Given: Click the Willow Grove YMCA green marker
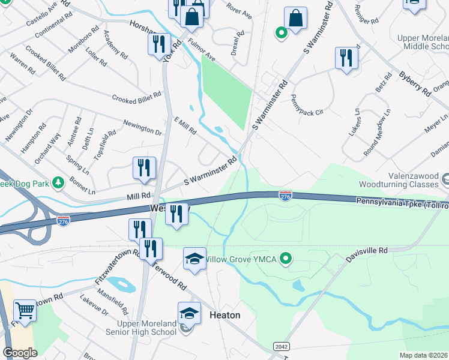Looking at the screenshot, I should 286,259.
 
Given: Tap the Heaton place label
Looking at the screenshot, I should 224,315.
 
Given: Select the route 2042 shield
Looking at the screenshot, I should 280,347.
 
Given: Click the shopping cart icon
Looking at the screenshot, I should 25,310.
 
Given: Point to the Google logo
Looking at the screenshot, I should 20,353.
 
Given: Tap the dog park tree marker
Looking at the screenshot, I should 58,182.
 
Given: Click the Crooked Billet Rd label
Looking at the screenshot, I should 137,97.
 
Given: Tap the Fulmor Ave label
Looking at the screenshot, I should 201,50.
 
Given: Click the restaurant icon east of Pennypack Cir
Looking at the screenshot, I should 346,58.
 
